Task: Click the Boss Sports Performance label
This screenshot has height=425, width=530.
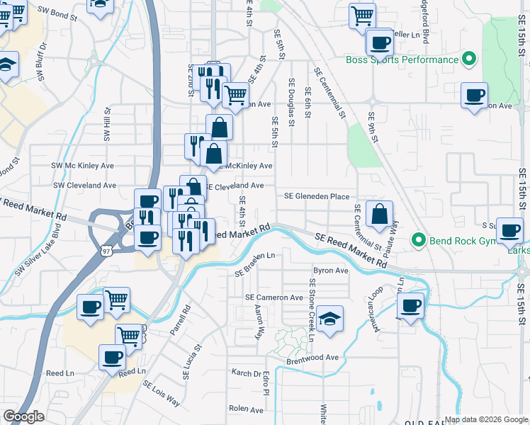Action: pyautogui.click(x=402, y=59)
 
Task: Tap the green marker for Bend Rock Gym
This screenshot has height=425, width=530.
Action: pyautogui.click(x=418, y=240)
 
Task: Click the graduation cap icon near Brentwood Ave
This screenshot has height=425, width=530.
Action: pyautogui.click(x=329, y=319)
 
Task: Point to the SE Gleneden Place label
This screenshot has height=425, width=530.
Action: pyautogui.click(x=317, y=196)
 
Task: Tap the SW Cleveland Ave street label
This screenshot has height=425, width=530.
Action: pyautogui.click(x=84, y=185)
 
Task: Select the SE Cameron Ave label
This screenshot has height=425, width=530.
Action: pyautogui.click(x=274, y=297)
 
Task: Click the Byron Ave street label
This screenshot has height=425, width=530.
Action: pyautogui.click(x=331, y=271)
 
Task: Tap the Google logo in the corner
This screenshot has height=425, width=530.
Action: pyautogui.click(x=23, y=416)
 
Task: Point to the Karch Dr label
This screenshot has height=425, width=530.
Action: pyautogui.click(x=247, y=372)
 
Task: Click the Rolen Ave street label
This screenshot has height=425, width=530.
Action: pyautogui.click(x=247, y=409)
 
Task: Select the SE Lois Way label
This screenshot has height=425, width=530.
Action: pyautogui.click(x=162, y=395)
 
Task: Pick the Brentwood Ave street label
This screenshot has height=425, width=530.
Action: pyautogui.click(x=312, y=358)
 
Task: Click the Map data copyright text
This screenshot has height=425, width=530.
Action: pyautogui.click(x=485, y=419)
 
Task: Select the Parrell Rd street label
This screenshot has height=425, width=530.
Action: pyautogui.click(x=186, y=319)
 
